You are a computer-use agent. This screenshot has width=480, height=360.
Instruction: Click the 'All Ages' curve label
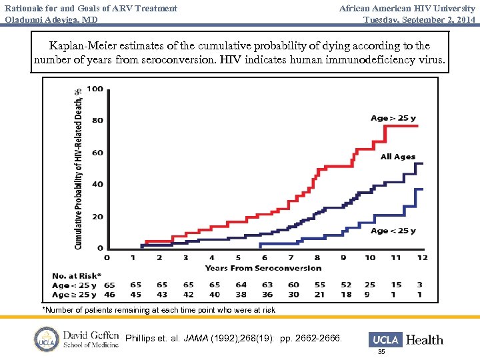397,157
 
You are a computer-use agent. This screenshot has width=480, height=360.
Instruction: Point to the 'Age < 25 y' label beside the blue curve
393,231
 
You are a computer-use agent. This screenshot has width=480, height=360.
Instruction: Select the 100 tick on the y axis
95,89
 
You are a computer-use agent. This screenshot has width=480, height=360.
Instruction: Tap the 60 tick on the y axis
97,153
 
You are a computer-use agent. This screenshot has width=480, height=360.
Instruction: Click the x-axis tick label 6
264,257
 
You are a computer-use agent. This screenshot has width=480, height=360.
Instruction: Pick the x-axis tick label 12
422,257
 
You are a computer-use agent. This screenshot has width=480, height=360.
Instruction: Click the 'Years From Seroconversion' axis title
263,268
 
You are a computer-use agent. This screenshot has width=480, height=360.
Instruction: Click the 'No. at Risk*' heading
77,275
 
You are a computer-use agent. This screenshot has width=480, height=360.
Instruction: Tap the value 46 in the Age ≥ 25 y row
110,294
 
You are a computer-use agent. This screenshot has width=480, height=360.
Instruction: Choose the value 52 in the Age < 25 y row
346,285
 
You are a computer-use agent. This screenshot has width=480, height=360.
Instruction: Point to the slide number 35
381,351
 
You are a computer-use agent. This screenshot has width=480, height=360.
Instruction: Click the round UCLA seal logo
47,339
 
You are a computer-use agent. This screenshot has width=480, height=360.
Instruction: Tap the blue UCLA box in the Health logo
386,339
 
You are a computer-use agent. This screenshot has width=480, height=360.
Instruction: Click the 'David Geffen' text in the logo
91,334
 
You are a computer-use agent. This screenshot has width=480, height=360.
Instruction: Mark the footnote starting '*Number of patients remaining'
159,310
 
